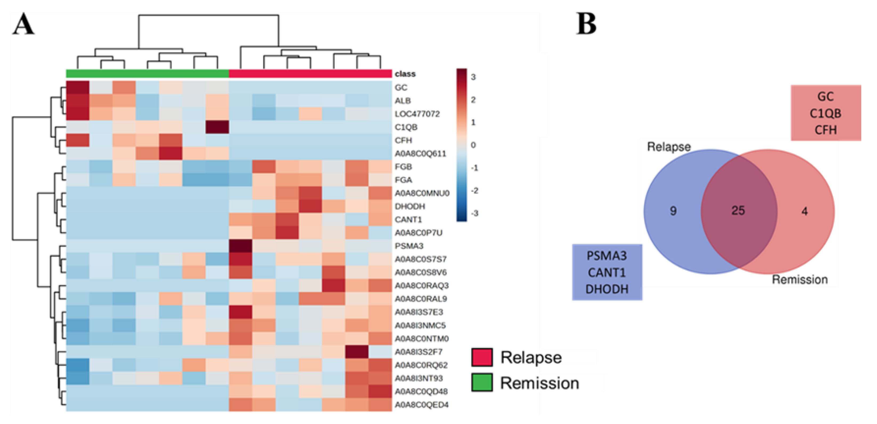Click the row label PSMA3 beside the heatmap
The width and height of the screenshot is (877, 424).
409,246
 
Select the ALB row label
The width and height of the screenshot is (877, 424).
402,101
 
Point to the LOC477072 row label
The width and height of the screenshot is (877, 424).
417,114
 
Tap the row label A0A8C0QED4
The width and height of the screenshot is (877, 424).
422,405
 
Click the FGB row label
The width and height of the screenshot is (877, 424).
403,167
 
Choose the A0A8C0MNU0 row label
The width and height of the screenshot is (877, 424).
422,193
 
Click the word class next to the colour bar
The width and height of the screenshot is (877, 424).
405,74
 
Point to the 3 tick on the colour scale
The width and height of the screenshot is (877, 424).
473,77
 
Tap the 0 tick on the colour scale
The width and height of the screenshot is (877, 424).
473,145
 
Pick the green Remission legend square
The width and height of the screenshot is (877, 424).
482,382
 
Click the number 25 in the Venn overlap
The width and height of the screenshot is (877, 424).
738,211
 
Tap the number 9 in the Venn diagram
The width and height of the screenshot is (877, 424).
673,211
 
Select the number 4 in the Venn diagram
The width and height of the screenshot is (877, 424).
805,212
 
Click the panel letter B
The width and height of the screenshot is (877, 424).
586,24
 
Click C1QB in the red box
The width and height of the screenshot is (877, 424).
825,114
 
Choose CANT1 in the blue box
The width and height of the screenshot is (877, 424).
607,272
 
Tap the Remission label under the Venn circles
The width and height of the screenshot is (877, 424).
800,280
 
